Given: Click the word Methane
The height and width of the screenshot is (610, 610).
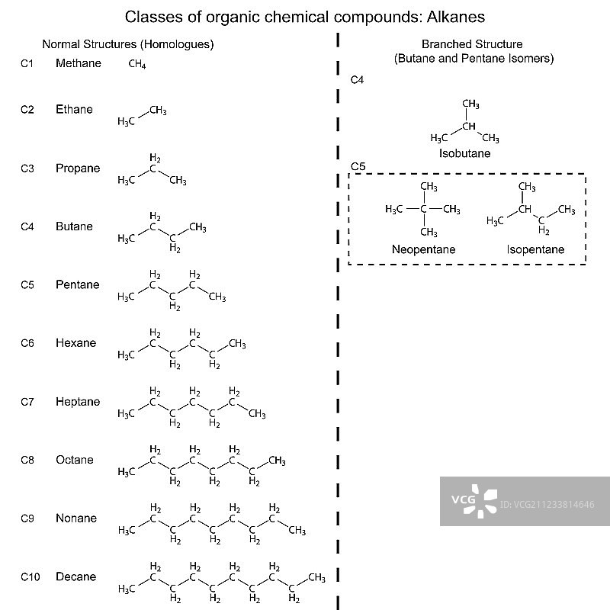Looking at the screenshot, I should (78, 63).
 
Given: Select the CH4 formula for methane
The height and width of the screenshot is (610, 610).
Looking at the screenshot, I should (137, 66).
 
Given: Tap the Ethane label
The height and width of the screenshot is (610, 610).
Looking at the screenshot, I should (74, 109).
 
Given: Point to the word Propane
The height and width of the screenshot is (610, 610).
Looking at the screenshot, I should (77, 168).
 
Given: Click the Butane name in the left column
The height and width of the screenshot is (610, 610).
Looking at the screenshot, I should (74, 226).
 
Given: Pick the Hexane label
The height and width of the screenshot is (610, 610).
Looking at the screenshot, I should (75, 343).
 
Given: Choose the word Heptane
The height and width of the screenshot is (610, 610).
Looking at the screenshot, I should (77, 402).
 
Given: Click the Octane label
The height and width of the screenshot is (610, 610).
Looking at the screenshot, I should (74, 460).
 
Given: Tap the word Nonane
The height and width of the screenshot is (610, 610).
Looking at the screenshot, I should (75, 518).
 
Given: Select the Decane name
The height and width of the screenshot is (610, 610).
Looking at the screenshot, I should (75, 576).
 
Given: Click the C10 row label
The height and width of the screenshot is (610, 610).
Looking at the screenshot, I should (29, 577).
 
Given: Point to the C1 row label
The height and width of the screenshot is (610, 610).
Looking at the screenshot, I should (27, 64).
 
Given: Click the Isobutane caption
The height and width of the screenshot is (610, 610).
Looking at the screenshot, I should (464, 153).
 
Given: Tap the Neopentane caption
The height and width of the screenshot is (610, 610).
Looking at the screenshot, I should (423, 249).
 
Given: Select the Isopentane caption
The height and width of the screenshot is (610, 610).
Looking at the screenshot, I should (535, 249).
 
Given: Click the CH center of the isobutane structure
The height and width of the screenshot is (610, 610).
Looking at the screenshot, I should (469, 126).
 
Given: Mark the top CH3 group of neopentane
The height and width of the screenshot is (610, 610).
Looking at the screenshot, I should (429, 187).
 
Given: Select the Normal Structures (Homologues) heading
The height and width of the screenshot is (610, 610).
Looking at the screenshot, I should (127, 44).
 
